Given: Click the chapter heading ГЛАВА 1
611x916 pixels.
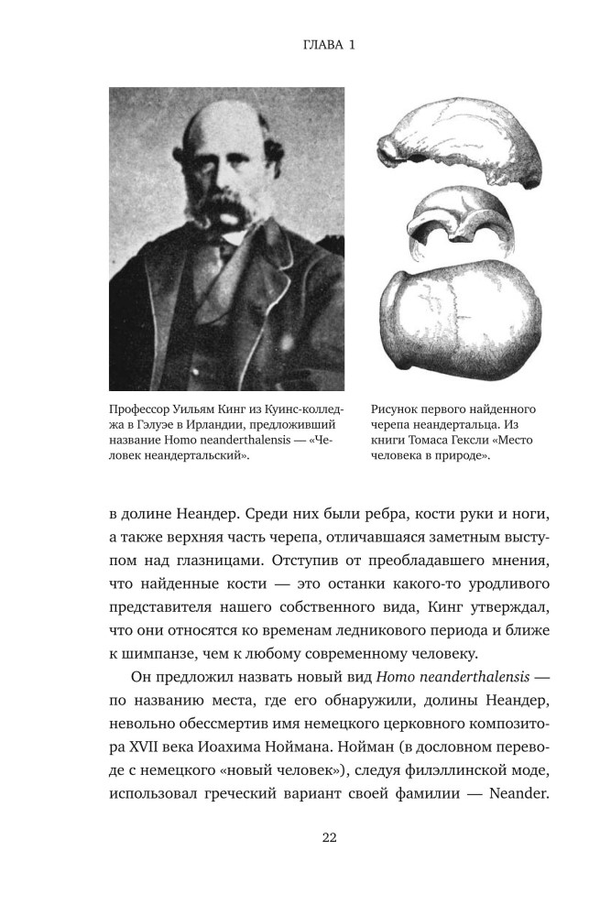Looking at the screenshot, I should click(x=305, y=42).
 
